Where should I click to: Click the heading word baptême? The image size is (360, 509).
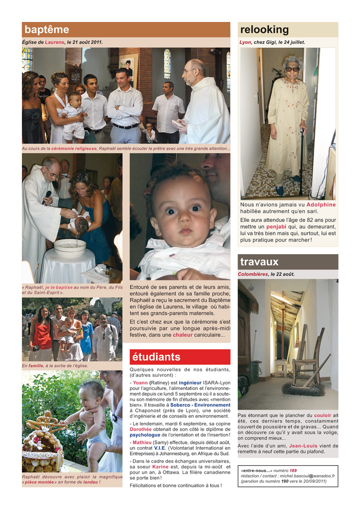click(47, 30)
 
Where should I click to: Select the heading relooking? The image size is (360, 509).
click(264, 30)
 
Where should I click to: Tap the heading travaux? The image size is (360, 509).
click(259, 262)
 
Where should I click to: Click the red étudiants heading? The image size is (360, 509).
click(156, 357)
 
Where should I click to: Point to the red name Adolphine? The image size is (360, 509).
click(321, 205)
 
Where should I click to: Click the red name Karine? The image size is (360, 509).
click(160, 466)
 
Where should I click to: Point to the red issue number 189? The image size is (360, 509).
click(293, 470)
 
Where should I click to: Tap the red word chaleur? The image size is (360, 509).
click(182, 335)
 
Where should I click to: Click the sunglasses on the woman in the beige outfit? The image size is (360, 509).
click(292, 69)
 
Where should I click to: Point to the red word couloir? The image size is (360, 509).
click(323, 415)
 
